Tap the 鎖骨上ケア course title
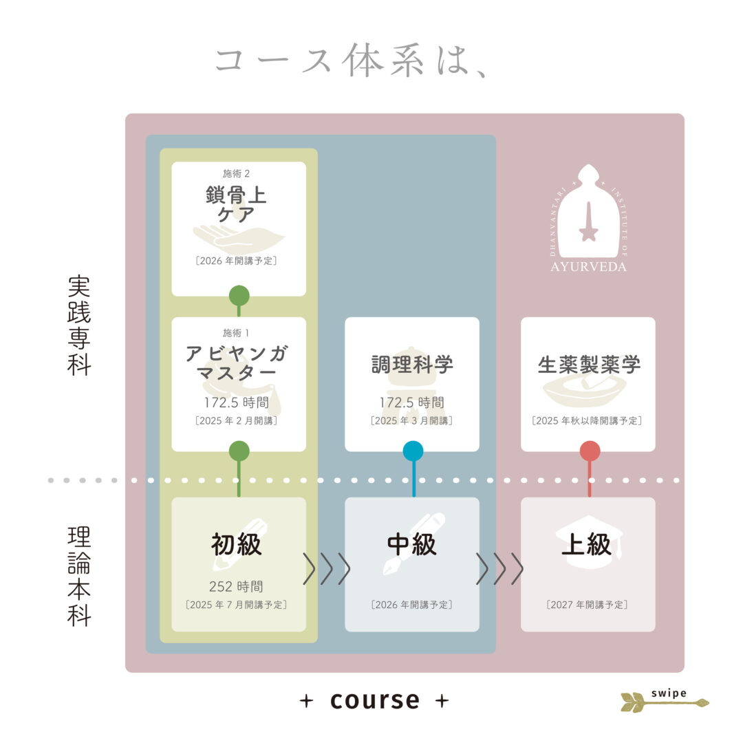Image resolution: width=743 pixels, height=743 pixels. pos(237,204)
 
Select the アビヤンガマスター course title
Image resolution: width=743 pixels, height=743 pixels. pos(237,363)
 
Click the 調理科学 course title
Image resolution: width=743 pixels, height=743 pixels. pos(412,365)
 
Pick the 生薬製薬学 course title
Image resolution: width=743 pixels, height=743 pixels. pos(589,365)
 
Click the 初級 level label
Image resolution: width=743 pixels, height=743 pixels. pos(237,544)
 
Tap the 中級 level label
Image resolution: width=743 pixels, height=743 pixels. pos(412,544)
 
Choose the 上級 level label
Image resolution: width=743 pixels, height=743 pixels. pos(587,544)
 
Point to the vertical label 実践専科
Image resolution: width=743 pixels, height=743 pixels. pos(78,325)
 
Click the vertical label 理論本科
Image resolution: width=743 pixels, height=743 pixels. pos(78,576)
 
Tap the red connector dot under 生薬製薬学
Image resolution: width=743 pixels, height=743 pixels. pos(590,451)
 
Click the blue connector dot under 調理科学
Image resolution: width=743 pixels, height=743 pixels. pos(413,451)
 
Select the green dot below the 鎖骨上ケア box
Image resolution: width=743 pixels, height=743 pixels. pos(239,296)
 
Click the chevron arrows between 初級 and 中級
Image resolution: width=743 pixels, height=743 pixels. pos(327,568)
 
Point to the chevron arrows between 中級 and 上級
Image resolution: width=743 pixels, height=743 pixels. pos(500,568)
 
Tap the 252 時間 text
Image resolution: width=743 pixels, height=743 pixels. pos(236,587)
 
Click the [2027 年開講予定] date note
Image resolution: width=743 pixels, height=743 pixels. pos(587,605)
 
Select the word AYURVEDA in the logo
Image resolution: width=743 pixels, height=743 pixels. pos(588,267)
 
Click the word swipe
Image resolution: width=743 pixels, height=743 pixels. pos(669,693)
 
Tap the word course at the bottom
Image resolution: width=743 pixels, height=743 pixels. pos(375,700)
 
